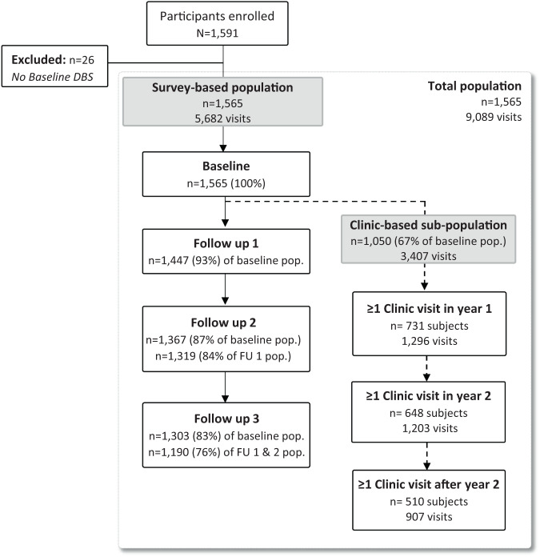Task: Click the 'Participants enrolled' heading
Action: (217, 16)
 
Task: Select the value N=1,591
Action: (218, 33)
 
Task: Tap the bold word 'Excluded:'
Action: (38, 60)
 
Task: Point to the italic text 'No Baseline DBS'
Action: (53, 77)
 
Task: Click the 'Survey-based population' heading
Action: (222, 88)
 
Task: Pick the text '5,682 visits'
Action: (222, 118)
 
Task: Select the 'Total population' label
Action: (474, 86)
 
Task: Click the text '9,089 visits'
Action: (494, 117)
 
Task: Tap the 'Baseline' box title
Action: (226, 166)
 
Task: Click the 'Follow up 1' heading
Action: (226, 243)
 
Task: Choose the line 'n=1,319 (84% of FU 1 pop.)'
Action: (223, 356)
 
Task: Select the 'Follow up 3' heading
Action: (226, 419)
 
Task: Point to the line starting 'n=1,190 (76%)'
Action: (226, 452)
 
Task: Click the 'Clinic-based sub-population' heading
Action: (428, 225)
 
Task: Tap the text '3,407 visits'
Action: (429, 256)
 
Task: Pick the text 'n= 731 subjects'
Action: (430, 326)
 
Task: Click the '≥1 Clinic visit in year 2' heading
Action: (429, 395)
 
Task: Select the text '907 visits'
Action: (429, 516)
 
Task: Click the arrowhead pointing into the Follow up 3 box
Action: (225, 399)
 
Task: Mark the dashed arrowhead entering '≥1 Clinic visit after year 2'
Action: (427, 466)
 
